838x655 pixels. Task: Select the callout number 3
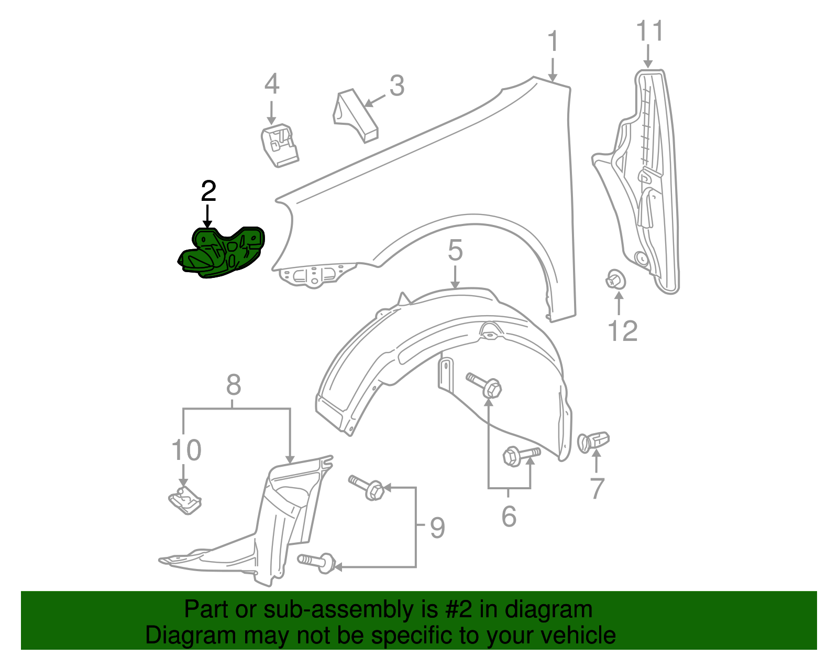coord(397,85)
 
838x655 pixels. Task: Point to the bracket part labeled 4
coord(280,145)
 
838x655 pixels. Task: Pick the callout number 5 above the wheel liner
coord(455,250)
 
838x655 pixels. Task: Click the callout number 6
coord(509,516)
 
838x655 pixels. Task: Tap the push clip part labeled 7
coord(593,442)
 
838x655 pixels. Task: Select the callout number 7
coord(597,488)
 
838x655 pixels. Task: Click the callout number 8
coord(234,385)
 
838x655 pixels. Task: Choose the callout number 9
coord(437,527)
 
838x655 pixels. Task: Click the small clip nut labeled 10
coord(185,500)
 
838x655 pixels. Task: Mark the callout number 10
coord(186,450)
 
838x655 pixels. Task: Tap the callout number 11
coord(649,31)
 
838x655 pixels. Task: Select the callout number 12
coord(623,331)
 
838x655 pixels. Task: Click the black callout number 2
coord(208,191)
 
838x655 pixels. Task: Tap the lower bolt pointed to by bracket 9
coord(317,562)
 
